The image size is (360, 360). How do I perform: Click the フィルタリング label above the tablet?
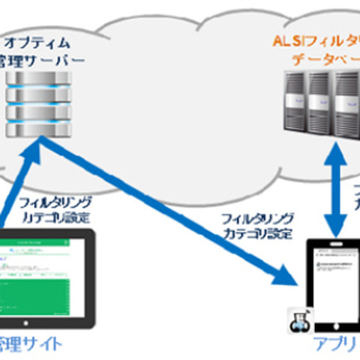(56, 202)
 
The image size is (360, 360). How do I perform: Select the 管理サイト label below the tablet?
(30, 346)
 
